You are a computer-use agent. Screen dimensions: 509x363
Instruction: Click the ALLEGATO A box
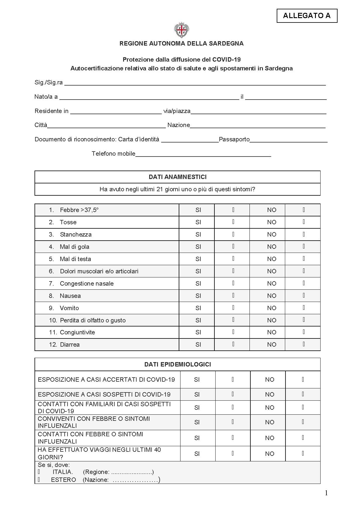pyautogui.click(x=307, y=16)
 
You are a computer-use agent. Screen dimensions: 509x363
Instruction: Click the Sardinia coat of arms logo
pyautogui.click(x=181, y=30)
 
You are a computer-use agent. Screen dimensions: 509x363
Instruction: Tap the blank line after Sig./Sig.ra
pyautogui.click(x=195, y=83)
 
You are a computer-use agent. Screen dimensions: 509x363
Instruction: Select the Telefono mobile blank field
pyautogui.click(x=203, y=154)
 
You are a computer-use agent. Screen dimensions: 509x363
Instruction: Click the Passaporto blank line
pyautogui.click(x=288, y=140)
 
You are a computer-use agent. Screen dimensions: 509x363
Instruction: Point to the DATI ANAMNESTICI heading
pyautogui.click(x=178, y=177)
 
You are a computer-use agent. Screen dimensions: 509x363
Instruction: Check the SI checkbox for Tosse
pyautogui.click(x=233, y=222)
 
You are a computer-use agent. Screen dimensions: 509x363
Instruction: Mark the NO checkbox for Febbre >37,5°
pyautogui.click(x=304, y=210)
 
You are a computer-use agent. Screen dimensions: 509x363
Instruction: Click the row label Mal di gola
pyautogui.click(x=74, y=247)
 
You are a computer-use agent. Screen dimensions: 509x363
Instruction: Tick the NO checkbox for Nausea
pyautogui.click(x=304, y=296)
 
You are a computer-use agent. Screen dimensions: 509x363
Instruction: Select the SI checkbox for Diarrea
pyautogui.click(x=233, y=344)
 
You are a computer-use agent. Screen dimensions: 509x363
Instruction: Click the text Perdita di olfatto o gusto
pyautogui.click(x=92, y=320)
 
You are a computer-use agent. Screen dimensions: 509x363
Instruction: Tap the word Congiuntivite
pyautogui.click(x=77, y=332)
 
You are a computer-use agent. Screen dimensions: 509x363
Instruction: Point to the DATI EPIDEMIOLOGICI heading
pyautogui.click(x=178, y=364)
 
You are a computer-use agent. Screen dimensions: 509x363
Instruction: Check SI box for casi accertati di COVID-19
pyautogui.click(x=233, y=380)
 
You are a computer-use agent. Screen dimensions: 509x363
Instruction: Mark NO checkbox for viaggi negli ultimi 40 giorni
pyautogui.click(x=303, y=454)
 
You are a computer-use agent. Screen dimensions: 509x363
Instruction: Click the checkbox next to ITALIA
pyautogui.click(x=39, y=472)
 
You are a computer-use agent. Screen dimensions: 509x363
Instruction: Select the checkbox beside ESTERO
pyautogui.click(x=39, y=480)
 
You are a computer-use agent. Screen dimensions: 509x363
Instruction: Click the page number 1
pyautogui.click(x=326, y=493)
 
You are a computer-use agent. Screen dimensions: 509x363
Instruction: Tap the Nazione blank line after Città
pyautogui.click(x=258, y=126)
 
